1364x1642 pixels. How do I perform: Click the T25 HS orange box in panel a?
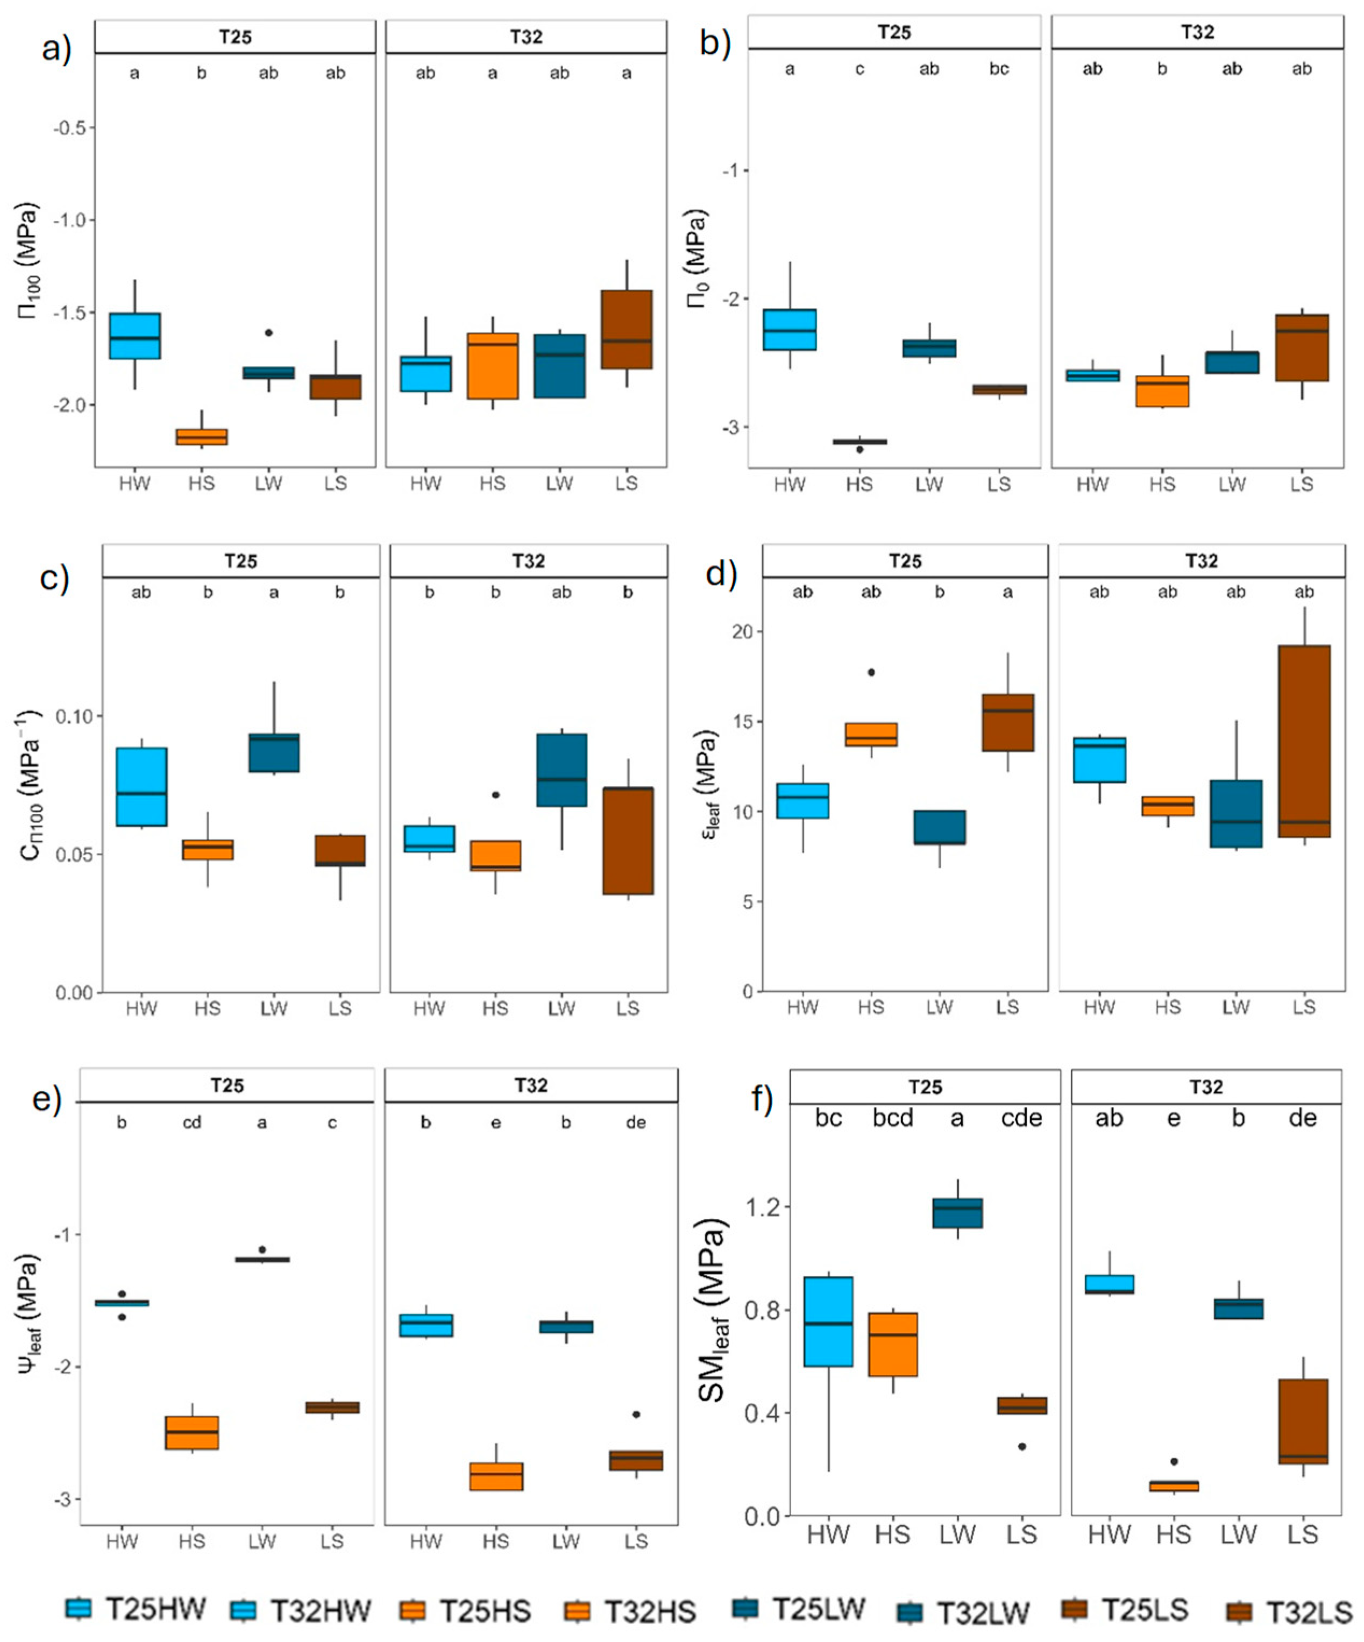click(x=201, y=436)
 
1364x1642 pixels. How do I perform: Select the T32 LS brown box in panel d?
click(x=1304, y=741)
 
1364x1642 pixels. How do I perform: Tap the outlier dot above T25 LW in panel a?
click(x=268, y=332)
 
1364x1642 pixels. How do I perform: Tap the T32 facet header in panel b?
click(x=1197, y=32)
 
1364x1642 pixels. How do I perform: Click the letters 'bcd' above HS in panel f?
click(x=892, y=1118)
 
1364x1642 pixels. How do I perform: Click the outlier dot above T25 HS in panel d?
click(x=871, y=672)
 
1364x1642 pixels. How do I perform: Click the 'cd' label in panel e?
click(x=191, y=1123)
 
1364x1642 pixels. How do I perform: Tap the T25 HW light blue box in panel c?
click(x=141, y=787)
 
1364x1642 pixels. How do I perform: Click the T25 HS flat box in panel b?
click(x=859, y=442)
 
